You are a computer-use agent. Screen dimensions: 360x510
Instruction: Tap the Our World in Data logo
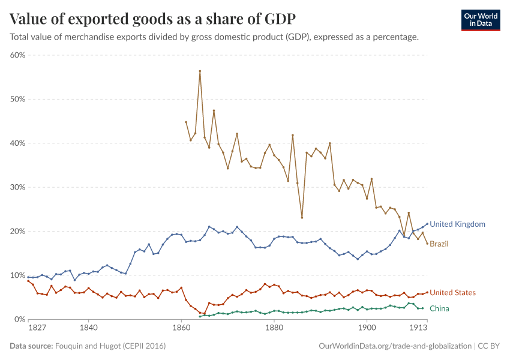[480, 20]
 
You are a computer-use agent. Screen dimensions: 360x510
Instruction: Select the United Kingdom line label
[457, 224]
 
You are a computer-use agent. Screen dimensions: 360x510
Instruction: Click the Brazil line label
[439, 244]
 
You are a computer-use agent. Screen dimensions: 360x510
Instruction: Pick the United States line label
[452, 293]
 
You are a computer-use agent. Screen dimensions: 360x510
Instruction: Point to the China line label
[439, 308]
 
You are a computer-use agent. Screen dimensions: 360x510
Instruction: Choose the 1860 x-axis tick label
[181, 328]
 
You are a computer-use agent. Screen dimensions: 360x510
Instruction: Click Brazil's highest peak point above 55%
[200, 71]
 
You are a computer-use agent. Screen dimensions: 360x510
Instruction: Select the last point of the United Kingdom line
[427, 224]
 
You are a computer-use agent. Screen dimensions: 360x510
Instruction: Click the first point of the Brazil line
[186, 122]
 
